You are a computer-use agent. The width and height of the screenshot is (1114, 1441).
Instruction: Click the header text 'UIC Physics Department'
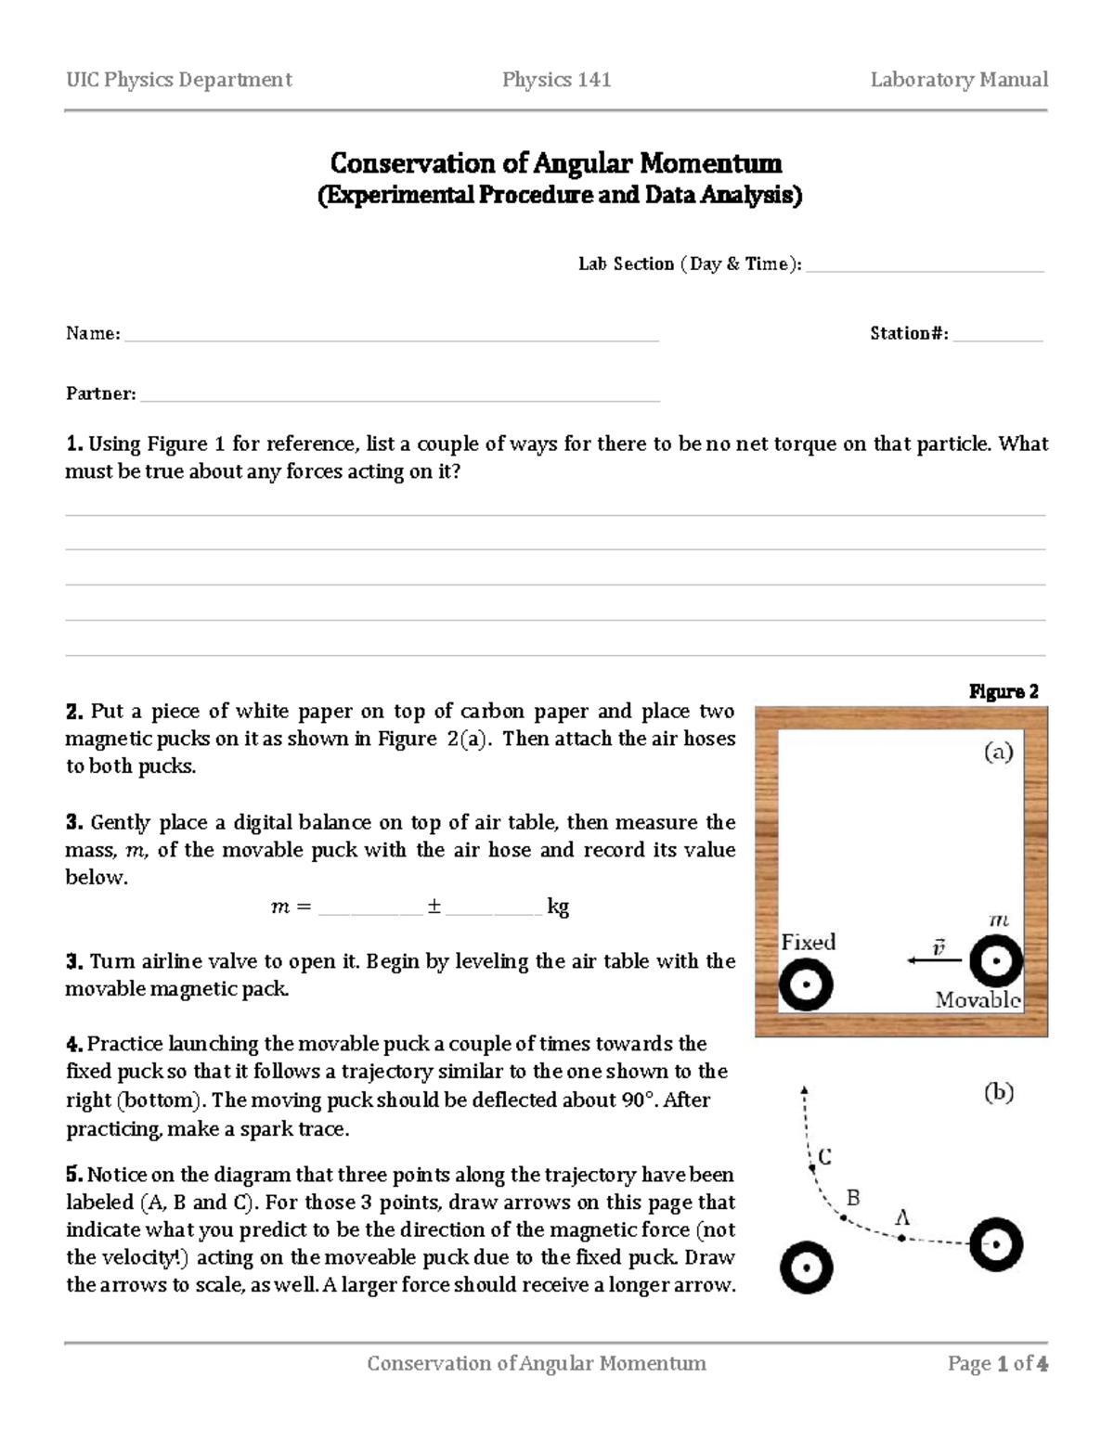178,80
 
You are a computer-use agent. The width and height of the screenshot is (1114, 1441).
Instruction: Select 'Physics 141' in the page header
556,80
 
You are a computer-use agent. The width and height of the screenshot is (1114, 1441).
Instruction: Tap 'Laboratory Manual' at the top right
959,80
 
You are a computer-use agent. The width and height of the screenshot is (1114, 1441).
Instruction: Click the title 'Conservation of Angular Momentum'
556,164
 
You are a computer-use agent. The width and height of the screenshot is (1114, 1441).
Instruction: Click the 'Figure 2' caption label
1004,691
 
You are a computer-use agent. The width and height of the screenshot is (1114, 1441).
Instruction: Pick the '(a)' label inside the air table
999,753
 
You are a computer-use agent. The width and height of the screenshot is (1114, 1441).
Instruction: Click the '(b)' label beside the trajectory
999,1093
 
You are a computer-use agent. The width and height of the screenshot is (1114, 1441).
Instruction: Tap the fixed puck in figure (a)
805,985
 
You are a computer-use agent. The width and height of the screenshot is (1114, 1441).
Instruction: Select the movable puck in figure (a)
996,961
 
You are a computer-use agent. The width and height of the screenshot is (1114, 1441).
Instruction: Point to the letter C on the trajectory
824,1156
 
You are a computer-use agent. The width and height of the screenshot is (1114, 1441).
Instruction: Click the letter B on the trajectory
854,1198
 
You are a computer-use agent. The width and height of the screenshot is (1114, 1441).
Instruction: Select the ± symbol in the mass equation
434,907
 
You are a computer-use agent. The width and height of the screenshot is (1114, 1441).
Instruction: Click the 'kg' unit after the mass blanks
557,907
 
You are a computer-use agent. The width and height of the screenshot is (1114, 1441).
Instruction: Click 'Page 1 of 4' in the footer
997,1363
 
